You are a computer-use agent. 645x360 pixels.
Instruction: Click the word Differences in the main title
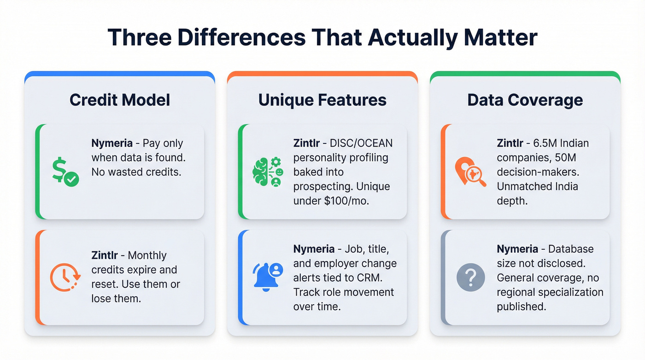pos(241,37)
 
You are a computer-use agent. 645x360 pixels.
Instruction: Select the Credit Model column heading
pos(120,100)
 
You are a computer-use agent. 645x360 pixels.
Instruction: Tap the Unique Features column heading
pos(322,100)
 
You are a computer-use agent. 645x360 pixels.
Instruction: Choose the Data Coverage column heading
pos(525,100)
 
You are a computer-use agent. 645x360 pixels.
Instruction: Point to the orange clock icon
pos(65,277)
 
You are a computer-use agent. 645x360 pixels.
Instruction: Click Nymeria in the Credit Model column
pos(112,143)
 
